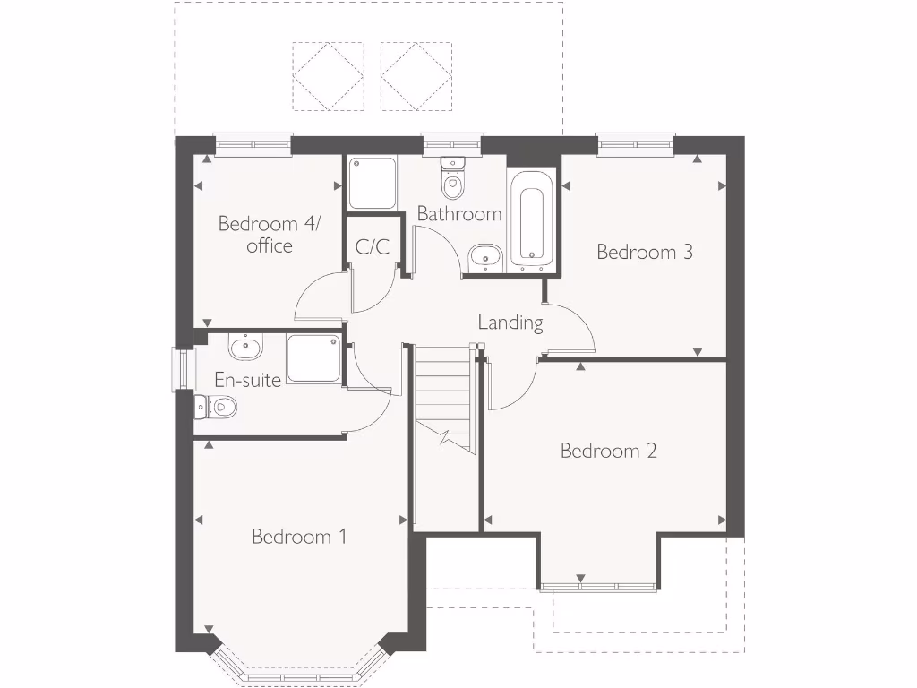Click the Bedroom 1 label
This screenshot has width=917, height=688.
point(299,537)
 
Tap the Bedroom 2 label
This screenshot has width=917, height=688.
point(608,451)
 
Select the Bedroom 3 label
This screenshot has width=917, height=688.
point(645,252)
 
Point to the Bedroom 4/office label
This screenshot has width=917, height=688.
point(269,234)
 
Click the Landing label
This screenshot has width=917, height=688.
point(510,322)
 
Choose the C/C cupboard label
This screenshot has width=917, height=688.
point(373,247)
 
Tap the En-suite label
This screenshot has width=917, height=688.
point(248,380)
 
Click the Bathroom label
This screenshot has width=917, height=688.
point(459,214)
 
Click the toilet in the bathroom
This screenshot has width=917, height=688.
point(454,180)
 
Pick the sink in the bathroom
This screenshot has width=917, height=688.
point(485,255)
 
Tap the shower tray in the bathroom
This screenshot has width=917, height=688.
point(373,183)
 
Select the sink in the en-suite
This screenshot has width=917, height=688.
point(244,347)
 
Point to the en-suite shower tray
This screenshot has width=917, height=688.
point(313,359)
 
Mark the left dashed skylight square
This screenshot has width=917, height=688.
point(329,75)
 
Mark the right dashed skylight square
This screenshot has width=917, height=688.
point(416,75)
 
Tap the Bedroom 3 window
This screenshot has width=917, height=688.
point(636,143)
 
